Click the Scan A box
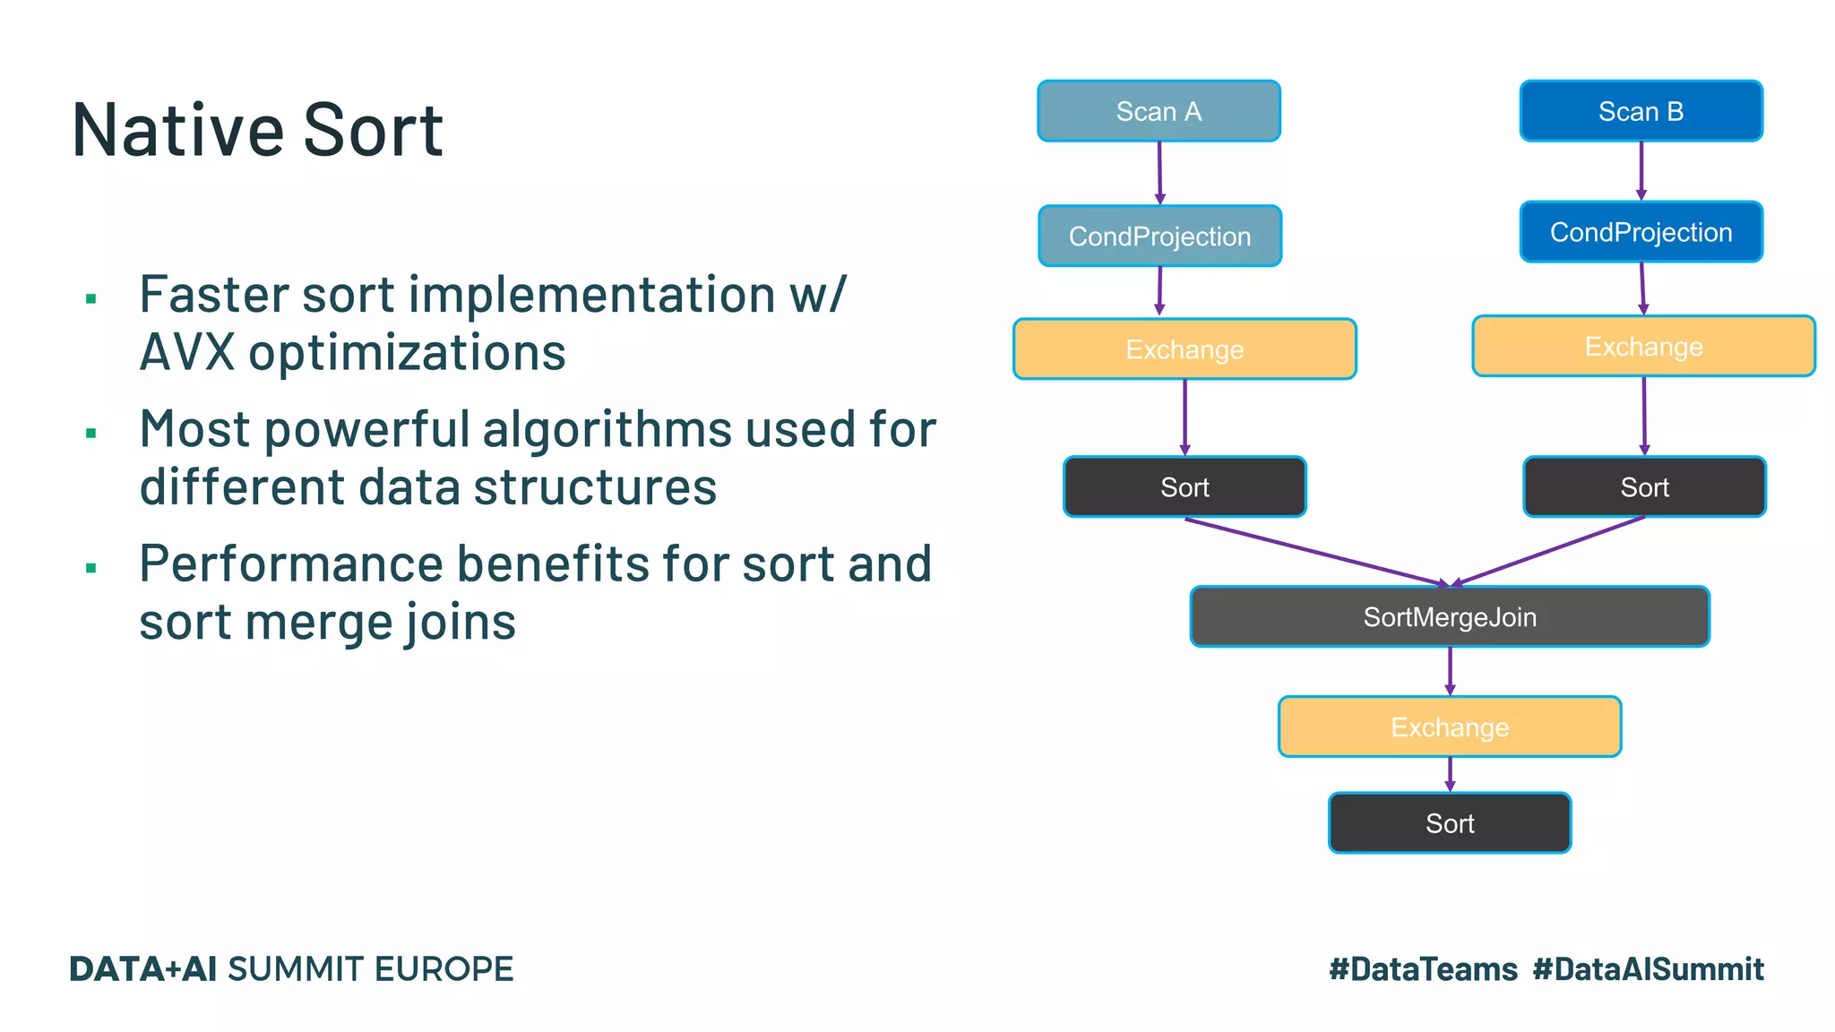point(1159,111)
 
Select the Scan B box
point(1641,111)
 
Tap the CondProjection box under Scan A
point(1159,236)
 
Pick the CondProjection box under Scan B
point(1641,232)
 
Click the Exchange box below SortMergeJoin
point(1449,727)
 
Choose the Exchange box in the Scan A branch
point(1184,349)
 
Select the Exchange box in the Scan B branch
point(1643,346)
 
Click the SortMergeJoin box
point(1449,617)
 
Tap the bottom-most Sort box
point(1449,823)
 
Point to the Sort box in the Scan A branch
point(1184,487)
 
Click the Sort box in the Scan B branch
point(1644,487)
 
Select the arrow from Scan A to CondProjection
point(1159,172)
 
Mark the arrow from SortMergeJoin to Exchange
point(1450,670)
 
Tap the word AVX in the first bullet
point(186,353)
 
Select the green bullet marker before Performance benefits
point(90,568)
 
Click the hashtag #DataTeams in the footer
point(1423,969)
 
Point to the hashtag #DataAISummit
point(1648,969)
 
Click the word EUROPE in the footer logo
point(444,969)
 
